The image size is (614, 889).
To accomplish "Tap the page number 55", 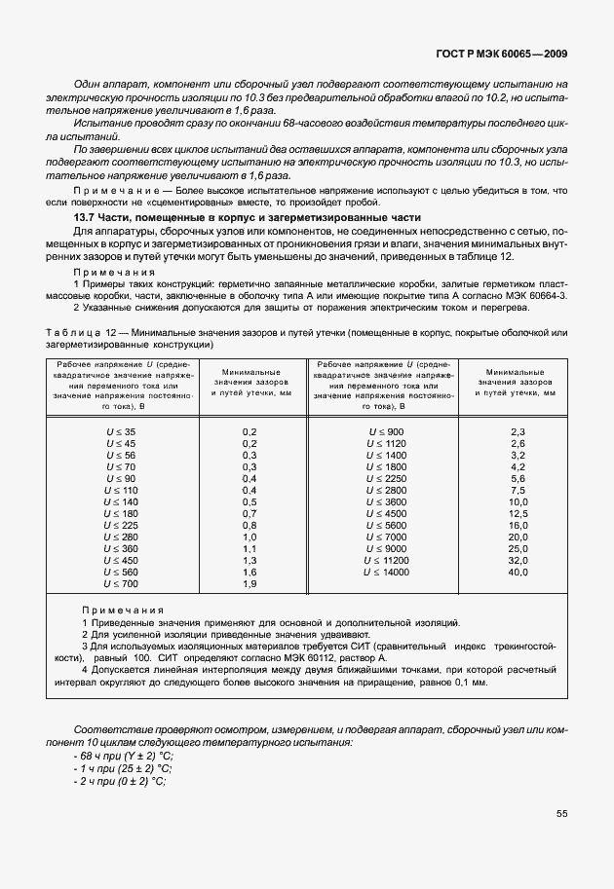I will coord(562,815).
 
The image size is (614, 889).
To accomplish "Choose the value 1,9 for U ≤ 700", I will coord(248,583).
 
